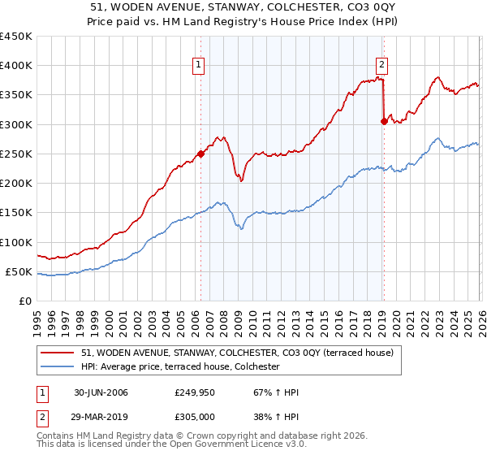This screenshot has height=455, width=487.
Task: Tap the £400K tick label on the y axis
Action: click(x=16, y=66)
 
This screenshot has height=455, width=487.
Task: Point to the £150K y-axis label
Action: click(x=16, y=213)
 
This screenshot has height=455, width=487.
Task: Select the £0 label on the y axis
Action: click(x=26, y=301)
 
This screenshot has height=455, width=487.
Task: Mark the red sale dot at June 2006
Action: click(x=201, y=154)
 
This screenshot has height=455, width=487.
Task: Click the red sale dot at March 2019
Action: click(x=383, y=121)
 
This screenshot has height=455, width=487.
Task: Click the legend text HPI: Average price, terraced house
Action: click(x=180, y=367)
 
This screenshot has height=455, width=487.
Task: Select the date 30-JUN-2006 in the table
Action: click(x=101, y=392)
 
